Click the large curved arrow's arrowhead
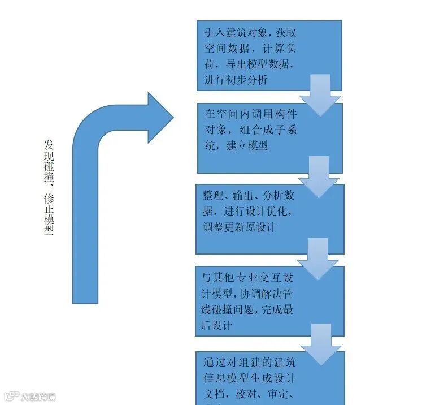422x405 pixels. point(158,117)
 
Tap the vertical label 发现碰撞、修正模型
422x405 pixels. point(49,187)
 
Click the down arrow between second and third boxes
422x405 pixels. point(320,176)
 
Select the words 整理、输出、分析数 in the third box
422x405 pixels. point(248,196)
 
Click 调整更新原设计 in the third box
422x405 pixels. point(240,227)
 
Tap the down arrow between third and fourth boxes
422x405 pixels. point(320,258)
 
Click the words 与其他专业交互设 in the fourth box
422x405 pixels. point(248,278)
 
